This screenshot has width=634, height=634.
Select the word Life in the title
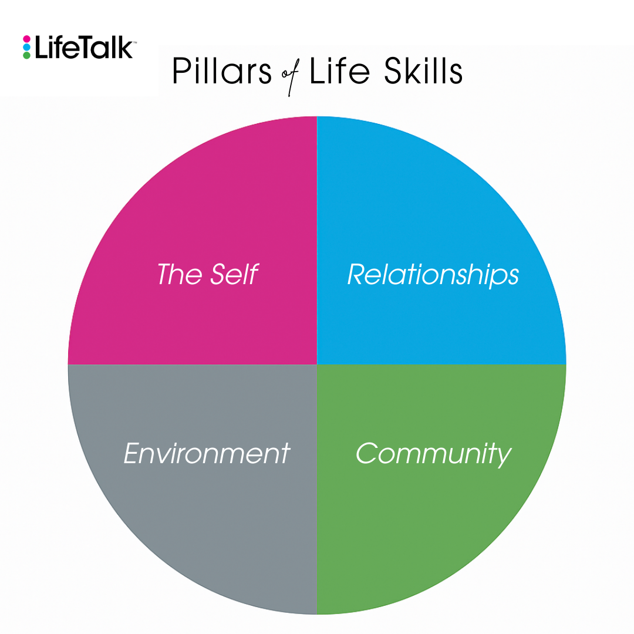click(340, 72)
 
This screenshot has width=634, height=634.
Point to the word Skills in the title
click(423, 72)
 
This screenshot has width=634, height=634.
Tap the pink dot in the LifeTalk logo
click(26, 39)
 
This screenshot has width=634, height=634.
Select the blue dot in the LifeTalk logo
click(26, 47)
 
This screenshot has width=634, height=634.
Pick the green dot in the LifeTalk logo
click(26, 55)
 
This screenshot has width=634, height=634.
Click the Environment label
click(207, 454)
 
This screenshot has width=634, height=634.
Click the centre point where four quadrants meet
click(317, 364)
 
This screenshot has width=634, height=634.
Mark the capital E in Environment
click(133, 454)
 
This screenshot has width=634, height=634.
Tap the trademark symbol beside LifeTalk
click(134, 42)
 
